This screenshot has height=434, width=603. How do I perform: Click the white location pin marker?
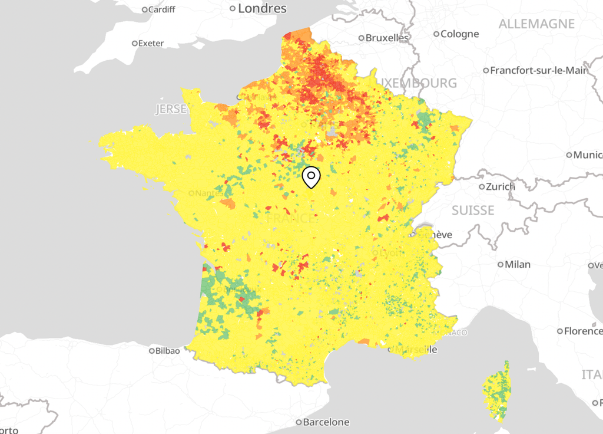coord(311,177)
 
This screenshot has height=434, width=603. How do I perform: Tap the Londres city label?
coord(262,8)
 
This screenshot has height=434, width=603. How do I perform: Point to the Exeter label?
coord(151,43)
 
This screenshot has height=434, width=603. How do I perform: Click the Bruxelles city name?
coord(387,38)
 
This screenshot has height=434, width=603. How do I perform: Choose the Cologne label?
coord(459,34)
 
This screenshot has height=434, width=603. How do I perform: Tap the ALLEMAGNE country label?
coord(536,24)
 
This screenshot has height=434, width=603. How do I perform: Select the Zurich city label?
coord(501,186)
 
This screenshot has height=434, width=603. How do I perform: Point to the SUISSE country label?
coord(473,211)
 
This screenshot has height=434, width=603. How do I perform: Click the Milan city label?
coord(517,264)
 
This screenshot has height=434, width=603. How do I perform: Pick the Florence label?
coord(583,331)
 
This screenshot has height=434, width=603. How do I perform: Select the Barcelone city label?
coord(326,422)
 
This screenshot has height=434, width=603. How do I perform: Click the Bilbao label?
coord(168,350)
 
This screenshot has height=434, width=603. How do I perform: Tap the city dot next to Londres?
coord(233,8)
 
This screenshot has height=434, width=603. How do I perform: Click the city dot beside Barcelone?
coord(299,422)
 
